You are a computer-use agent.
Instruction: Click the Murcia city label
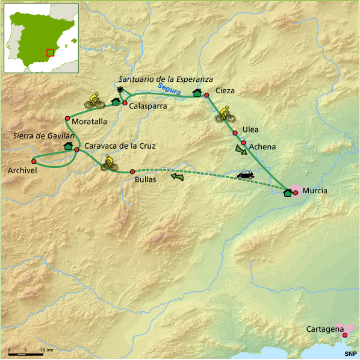[316, 190]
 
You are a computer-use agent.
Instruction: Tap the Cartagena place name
[323, 329]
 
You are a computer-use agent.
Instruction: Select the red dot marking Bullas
[132, 171]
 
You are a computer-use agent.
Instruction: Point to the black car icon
[246, 175]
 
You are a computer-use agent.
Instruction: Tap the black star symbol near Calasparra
[120, 90]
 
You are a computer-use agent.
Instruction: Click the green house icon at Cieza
[196, 92]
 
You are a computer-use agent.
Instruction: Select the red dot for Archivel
[34, 161]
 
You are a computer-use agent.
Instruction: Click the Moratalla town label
[89, 121]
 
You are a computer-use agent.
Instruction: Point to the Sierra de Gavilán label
[39, 136]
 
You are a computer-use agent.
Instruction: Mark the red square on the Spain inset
[51, 52]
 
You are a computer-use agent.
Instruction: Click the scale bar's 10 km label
[47, 350]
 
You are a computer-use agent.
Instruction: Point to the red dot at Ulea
[235, 133]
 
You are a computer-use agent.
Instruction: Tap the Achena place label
[262, 146]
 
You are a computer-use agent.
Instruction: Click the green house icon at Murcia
[287, 193]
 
